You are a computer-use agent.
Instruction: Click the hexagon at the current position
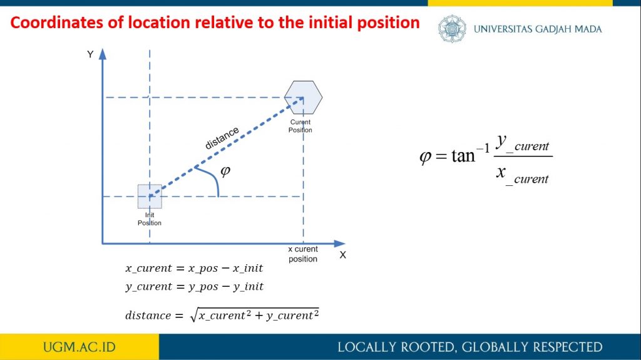pyautogui.click(x=304, y=98)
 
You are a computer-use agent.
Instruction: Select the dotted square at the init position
pyautogui.click(x=150, y=197)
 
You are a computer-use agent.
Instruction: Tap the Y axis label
pyautogui.click(x=90, y=54)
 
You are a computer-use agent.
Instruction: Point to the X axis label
pyautogui.click(x=342, y=255)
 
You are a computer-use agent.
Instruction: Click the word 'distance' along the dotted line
pyautogui.click(x=222, y=138)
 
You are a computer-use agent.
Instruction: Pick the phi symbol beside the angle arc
pyautogui.click(x=225, y=170)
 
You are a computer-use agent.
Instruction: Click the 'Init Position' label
pyautogui.click(x=150, y=219)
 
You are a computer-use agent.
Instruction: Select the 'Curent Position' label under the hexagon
pyautogui.click(x=300, y=126)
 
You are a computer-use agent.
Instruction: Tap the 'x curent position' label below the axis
pyautogui.click(x=303, y=254)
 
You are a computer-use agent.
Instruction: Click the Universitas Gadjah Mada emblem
pyautogui.click(x=452, y=29)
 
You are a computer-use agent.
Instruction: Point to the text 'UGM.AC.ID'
pyautogui.click(x=79, y=347)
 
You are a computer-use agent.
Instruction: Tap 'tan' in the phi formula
pyautogui.click(x=463, y=156)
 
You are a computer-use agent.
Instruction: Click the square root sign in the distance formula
pyautogui.click(x=194, y=316)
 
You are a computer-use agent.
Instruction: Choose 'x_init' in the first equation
pyautogui.click(x=248, y=269)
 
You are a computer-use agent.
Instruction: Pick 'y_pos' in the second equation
pyautogui.click(x=203, y=286)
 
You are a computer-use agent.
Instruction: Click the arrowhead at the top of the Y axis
pyautogui.click(x=103, y=54)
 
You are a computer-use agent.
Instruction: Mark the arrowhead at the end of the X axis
pyautogui.click(x=340, y=244)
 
